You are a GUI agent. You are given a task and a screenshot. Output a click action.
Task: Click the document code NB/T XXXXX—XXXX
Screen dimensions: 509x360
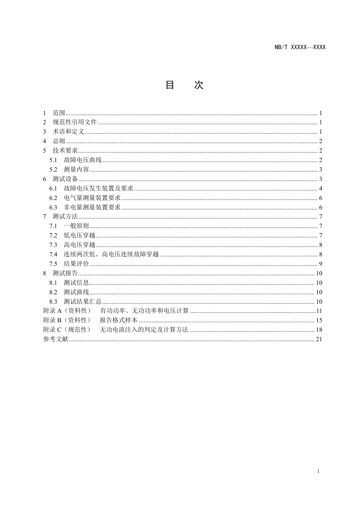(300, 47)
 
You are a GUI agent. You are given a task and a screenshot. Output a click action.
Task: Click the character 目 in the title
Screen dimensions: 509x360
(170, 85)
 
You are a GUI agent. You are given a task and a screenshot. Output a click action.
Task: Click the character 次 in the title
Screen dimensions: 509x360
(199, 85)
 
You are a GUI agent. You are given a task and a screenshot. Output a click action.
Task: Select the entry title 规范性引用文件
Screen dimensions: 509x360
(75, 122)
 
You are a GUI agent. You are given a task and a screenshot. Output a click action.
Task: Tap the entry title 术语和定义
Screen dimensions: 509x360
(68, 132)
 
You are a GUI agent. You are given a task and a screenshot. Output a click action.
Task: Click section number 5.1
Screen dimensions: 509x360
(53, 160)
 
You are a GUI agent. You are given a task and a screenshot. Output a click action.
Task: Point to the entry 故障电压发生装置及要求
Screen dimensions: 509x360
(99, 189)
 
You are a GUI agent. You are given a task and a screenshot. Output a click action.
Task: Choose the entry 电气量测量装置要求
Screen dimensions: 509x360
(92, 198)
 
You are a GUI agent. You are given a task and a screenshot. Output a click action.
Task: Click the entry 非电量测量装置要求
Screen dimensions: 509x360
(92, 208)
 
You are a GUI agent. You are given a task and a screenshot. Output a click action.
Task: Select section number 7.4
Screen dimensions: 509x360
(53, 254)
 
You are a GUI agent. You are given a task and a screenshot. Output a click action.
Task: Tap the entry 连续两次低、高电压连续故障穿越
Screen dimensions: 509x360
(111, 254)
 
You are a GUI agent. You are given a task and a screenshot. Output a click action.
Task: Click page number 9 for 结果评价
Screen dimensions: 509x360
(320, 264)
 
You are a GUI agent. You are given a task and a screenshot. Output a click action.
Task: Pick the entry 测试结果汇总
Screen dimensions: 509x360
(83, 302)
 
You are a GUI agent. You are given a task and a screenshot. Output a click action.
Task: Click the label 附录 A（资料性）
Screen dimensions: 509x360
(67, 311)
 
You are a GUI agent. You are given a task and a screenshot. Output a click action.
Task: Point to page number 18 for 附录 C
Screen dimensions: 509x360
(319, 330)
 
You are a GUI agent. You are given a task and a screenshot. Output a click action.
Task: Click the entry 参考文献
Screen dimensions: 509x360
(56, 339)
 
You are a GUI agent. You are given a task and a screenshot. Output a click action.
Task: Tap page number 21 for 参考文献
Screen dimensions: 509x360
(319, 339)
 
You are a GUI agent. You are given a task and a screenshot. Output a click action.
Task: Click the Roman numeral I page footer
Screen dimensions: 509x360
(318, 472)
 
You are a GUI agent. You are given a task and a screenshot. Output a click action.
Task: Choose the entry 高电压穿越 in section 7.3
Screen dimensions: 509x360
(80, 245)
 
